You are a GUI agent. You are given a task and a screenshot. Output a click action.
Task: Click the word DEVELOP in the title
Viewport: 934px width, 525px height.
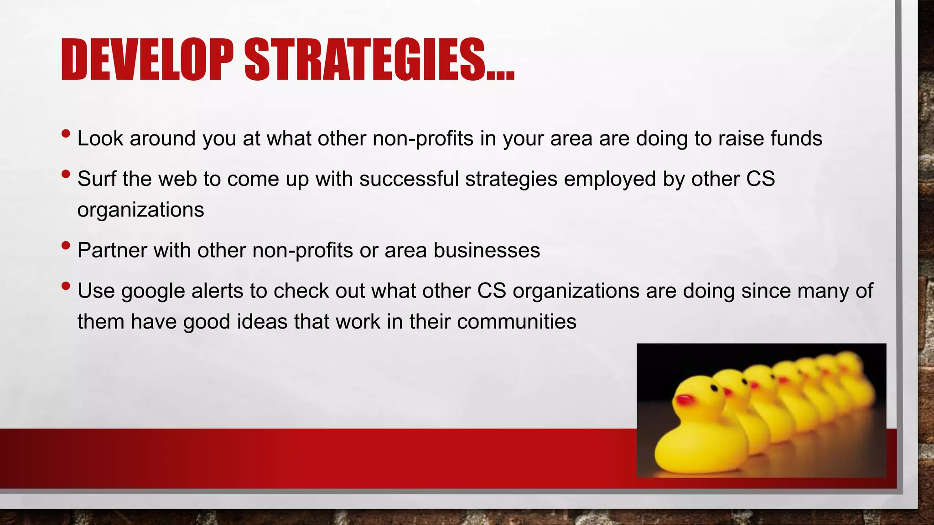[147, 60]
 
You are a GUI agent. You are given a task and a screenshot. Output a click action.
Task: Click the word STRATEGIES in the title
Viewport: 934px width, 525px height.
[365, 60]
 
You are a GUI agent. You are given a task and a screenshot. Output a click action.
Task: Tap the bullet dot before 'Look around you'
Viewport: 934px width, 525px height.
[66, 134]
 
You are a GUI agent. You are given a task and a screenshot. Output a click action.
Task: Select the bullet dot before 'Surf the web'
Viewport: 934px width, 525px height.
[66, 174]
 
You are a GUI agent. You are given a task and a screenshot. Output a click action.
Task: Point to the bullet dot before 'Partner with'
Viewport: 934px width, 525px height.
[66, 246]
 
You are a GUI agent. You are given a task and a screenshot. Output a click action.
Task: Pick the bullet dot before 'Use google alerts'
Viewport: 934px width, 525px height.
[66, 286]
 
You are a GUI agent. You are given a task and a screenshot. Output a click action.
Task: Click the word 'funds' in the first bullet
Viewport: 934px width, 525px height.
[796, 138]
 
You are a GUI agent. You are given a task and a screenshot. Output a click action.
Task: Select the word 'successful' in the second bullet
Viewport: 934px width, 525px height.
[409, 179]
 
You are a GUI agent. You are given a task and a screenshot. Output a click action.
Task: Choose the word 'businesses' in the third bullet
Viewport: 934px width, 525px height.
[487, 250]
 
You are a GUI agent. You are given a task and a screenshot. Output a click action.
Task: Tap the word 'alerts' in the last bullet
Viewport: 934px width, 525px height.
[217, 291]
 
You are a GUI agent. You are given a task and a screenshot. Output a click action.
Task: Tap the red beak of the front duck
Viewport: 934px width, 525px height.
[684, 401]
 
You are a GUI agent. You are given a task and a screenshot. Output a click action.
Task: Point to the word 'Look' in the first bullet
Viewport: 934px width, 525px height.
[100, 138]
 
